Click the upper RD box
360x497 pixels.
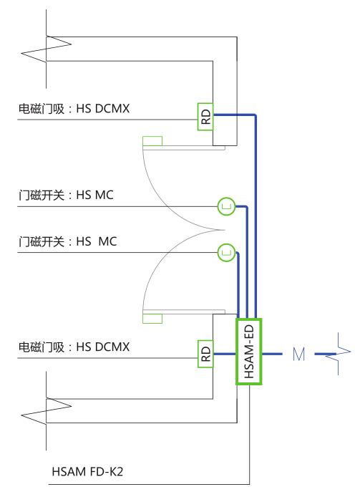tap(205, 117)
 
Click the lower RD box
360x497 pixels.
tap(205, 354)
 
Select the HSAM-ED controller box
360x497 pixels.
tap(249, 352)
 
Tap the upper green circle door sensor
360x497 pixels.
tap(227, 207)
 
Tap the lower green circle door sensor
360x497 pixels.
tap(227, 253)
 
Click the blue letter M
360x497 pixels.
tap(299, 354)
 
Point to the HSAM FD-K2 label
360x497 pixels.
tap(87, 472)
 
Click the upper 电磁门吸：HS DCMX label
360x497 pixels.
tap(74, 109)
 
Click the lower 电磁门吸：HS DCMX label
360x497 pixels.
tap(74, 347)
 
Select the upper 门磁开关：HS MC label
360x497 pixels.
tap(66, 195)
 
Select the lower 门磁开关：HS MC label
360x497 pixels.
tap(67, 241)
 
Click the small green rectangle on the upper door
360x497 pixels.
tap(152, 141)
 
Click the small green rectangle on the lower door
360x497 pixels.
tap(152, 319)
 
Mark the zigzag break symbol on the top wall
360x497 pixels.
tap(47, 49)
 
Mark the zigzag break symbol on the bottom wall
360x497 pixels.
tap(47, 410)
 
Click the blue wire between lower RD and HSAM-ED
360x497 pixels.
tap(225, 354)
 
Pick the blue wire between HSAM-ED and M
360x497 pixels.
tap(272, 354)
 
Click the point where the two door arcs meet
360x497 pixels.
tap(224, 230)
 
